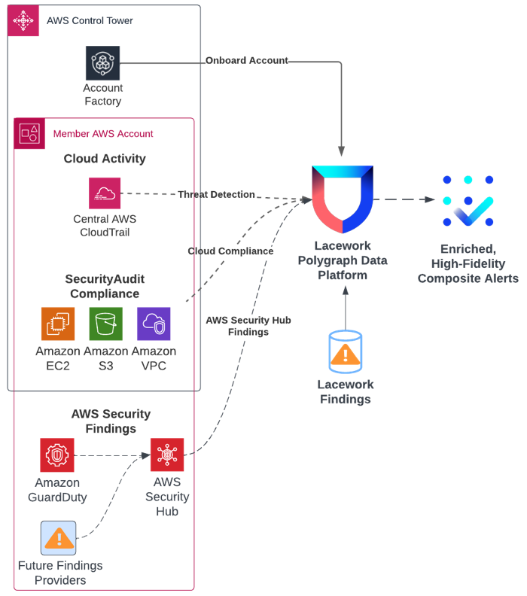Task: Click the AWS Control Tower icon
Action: [x=23, y=20]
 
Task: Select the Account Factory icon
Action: [x=102, y=63]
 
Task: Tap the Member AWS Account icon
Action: [x=30, y=133]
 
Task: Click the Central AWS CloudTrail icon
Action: [x=105, y=193]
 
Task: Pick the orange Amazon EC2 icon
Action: [x=58, y=324]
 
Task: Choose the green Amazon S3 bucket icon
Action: [x=105, y=324]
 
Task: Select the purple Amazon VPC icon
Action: [x=154, y=324]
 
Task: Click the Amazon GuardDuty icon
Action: [x=56, y=455]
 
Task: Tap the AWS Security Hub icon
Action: [x=166, y=455]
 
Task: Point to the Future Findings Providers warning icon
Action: [x=58, y=538]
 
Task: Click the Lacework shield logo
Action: [x=343, y=200]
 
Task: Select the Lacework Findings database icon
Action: [x=345, y=352]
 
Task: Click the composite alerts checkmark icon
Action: [x=468, y=201]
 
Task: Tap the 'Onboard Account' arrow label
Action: [x=247, y=60]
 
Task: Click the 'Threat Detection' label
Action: [x=216, y=194]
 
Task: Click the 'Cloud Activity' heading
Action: [x=105, y=159]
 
